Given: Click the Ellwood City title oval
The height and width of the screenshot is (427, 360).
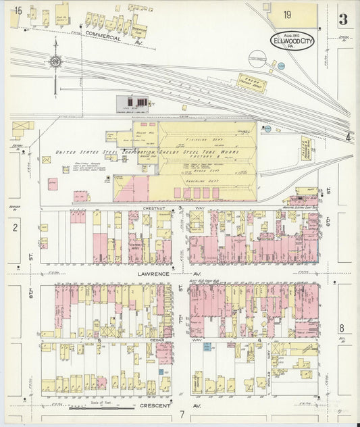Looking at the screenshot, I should coord(292,39).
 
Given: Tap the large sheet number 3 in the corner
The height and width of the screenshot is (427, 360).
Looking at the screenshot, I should coord(344,19).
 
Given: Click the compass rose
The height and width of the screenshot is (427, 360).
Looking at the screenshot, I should coord(55,62).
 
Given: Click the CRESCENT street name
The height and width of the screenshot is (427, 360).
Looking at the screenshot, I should coord(155,406).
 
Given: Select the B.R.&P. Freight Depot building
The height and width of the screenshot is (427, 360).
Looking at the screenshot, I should coord(251,82).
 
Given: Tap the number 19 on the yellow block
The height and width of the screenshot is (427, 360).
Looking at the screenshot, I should coord(288,14).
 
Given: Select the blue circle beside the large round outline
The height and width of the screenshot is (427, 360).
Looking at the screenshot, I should coord(281,66).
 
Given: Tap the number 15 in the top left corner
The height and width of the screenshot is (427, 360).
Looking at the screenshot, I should coord(17,11).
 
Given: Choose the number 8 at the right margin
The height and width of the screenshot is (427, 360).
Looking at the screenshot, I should coord(342,328).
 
